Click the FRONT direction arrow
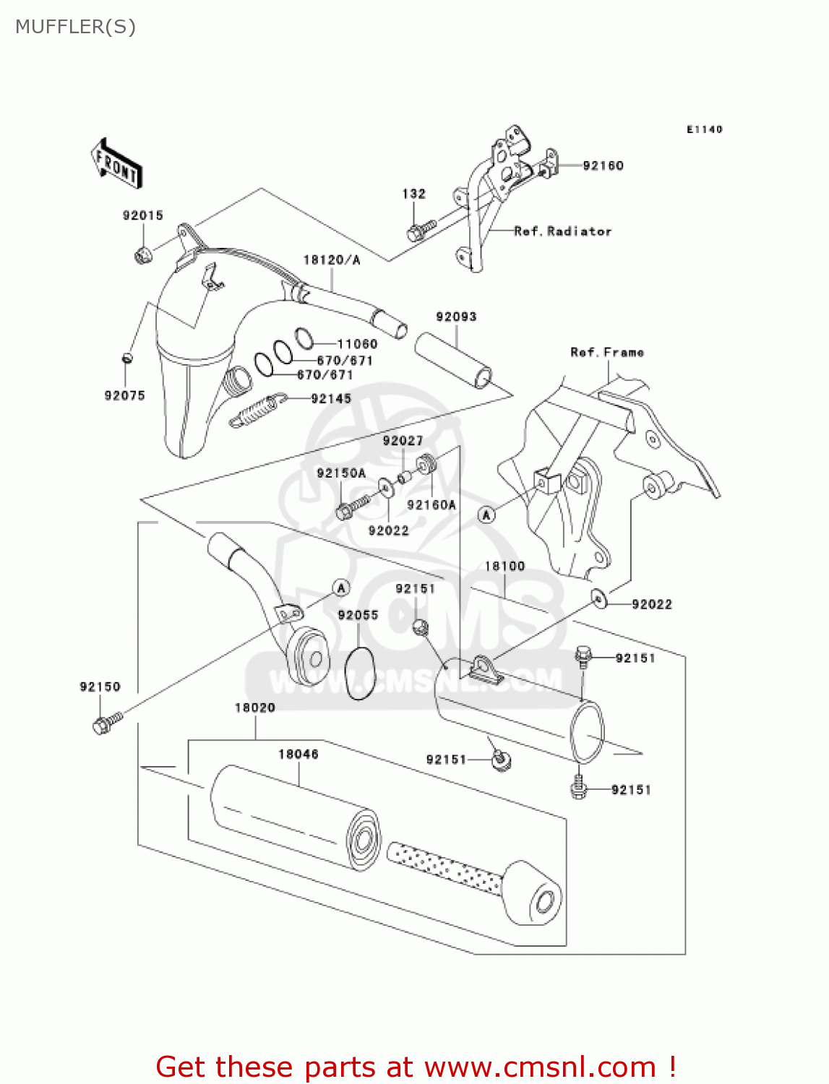[x=116, y=164]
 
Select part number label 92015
[x=142, y=215]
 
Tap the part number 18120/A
[x=331, y=260]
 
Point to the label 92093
[x=456, y=317]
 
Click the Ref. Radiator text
[x=562, y=231]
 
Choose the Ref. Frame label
[x=607, y=353]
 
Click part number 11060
[x=357, y=344]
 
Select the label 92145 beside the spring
[x=331, y=399]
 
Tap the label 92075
[x=124, y=395]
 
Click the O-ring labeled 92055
[x=359, y=673]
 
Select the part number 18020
[x=254, y=707]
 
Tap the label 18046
[x=298, y=754]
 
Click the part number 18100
[x=504, y=567]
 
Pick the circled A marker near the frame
[x=487, y=515]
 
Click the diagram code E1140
[x=704, y=129]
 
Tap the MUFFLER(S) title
[x=76, y=27]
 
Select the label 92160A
[x=431, y=505]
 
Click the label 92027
[x=403, y=441]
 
